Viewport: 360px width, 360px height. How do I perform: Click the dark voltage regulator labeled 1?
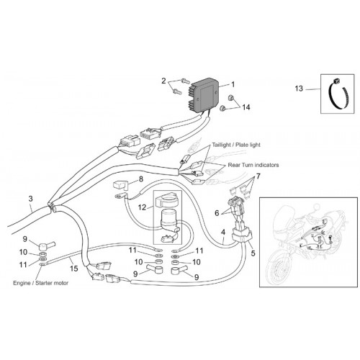coord(204,96)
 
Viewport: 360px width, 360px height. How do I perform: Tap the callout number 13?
coord(299,89)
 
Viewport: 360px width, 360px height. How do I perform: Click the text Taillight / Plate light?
coord(236,145)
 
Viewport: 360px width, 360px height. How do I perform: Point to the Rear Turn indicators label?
coord(253,165)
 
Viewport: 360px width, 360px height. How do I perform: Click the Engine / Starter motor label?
coord(40,283)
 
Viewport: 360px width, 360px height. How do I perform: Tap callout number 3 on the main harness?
coord(30,199)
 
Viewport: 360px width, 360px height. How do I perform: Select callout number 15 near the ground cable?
coord(73,269)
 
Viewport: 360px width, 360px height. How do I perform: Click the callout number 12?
coord(142,207)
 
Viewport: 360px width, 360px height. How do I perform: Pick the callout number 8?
coord(141,179)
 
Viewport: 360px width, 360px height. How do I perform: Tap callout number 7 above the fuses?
coord(258,176)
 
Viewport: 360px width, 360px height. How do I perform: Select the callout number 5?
coord(253,253)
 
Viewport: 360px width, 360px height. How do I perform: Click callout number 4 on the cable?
coord(223,232)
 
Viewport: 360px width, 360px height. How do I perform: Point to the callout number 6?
coord(217,212)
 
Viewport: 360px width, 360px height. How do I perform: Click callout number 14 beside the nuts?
coord(246,107)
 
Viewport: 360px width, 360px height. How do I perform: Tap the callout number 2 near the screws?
coord(163,81)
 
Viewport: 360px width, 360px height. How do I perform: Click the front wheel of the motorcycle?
coord(280,266)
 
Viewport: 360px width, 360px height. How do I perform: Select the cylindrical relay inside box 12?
coord(168,218)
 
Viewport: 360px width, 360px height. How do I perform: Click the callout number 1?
coord(233,84)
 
